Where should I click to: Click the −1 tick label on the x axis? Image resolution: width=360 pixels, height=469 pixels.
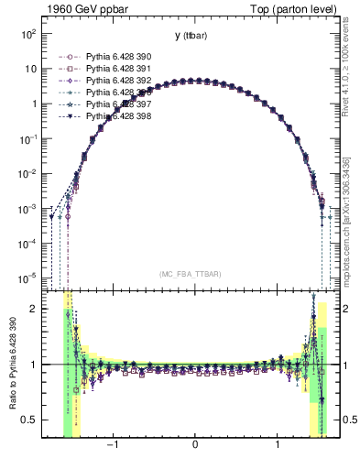pos(113,446)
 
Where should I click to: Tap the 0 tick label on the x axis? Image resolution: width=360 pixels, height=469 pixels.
pos(195,446)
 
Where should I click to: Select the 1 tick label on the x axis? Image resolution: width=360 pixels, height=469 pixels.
pos(278,446)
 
